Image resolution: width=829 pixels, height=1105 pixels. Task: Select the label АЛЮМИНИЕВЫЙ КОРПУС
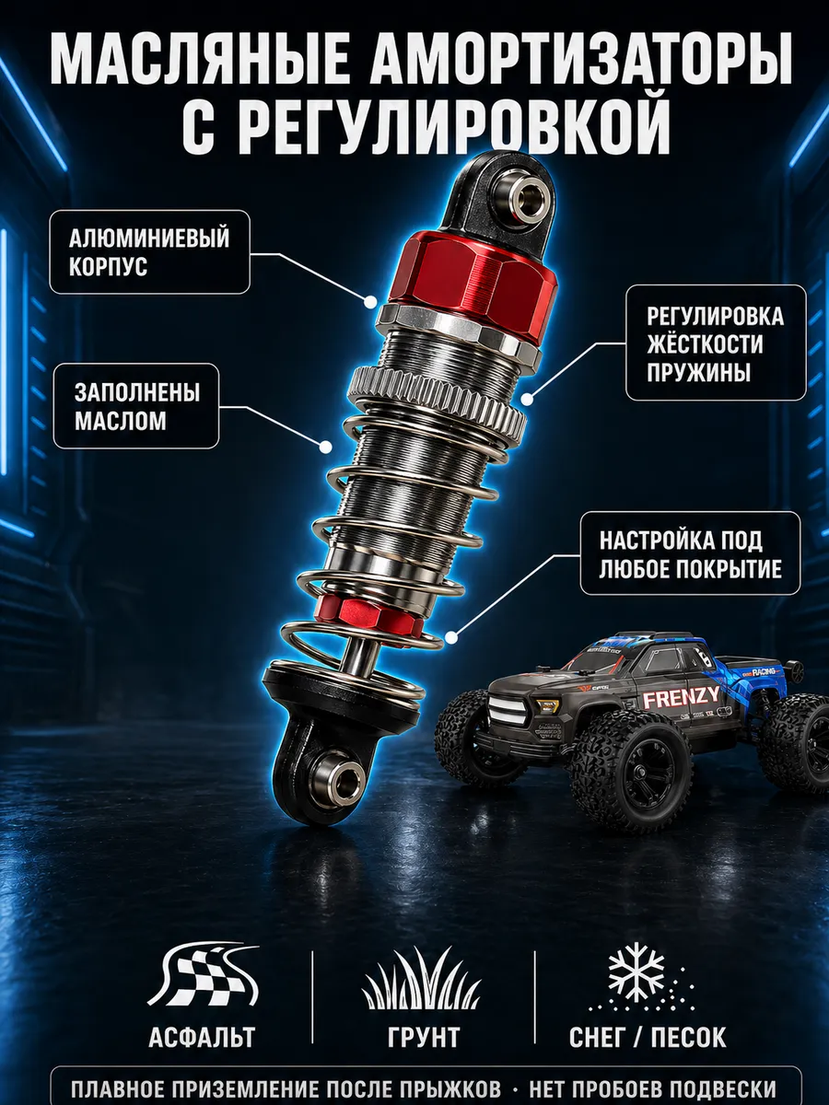coord(149,251)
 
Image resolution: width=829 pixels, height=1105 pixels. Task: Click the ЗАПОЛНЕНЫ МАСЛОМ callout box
coord(136,406)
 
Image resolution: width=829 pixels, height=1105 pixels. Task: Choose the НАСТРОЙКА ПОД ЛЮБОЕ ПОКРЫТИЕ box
coord(691,553)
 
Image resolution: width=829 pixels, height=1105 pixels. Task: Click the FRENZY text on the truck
coord(682,697)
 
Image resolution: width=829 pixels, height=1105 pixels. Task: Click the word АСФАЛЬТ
coord(203,1036)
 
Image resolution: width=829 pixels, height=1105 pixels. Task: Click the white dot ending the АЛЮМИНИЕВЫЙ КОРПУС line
coord(371,301)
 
